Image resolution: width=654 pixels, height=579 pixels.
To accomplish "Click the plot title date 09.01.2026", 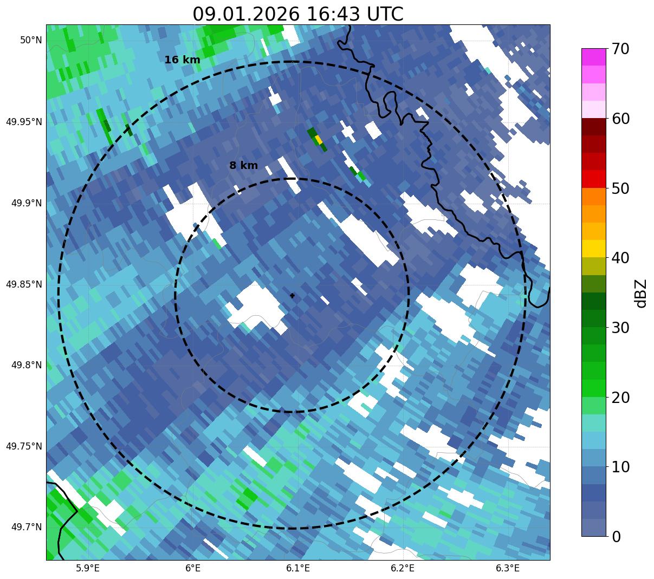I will (x=245, y=14).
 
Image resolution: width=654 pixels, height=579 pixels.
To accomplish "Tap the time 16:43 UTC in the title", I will (x=355, y=14).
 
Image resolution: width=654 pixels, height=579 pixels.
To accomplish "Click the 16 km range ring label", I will (x=182, y=60).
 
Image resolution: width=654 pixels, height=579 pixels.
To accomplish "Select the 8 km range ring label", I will (x=243, y=166).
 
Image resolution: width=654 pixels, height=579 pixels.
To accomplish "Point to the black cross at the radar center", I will (x=293, y=296).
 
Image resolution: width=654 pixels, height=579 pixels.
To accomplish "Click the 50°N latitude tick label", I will (x=31, y=40).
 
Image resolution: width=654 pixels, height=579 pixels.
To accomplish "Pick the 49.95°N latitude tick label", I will (x=23, y=121).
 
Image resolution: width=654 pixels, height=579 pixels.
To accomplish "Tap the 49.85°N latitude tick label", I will (x=23, y=284).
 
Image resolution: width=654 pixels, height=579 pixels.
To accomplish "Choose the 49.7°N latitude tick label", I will (x=26, y=527).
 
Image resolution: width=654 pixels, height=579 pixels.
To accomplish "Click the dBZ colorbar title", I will (x=642, y=293).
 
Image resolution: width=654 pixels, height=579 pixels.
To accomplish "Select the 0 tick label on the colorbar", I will (x=616, y=537).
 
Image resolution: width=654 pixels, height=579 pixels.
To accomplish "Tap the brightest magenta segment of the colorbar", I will (x=594, y=57).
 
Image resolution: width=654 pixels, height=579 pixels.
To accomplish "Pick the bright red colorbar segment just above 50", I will (x=594, y=179).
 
